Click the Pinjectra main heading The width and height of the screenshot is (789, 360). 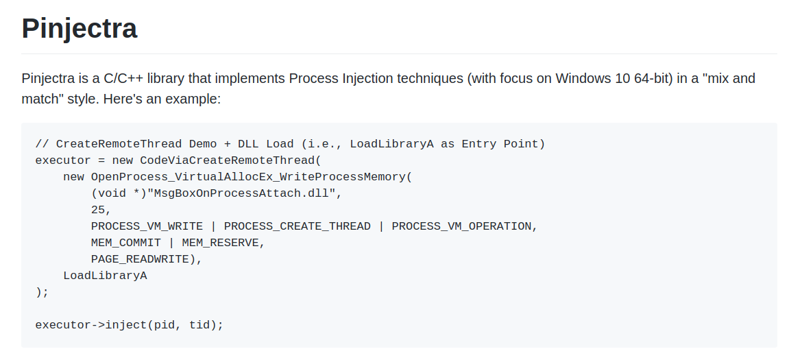[80, 28]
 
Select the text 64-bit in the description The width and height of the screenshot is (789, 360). [654, 79]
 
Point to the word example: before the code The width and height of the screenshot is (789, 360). [193, 99]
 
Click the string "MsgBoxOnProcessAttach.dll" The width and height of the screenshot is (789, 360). [241, 193]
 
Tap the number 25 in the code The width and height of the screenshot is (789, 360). [97, 209]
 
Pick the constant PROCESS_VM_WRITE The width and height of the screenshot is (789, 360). [147, 226]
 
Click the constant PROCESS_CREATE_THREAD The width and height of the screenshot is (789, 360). [298, 226]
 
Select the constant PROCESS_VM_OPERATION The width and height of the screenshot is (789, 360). [461, 226]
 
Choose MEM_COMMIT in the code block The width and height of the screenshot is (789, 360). [126, 243]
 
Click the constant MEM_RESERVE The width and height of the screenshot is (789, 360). [220, 243]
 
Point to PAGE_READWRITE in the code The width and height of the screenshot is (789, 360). [140, 259]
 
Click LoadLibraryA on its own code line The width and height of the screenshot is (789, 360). [105, 276]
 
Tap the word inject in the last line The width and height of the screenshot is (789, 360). [126, 325]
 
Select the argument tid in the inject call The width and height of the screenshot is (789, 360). [199, 325]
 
